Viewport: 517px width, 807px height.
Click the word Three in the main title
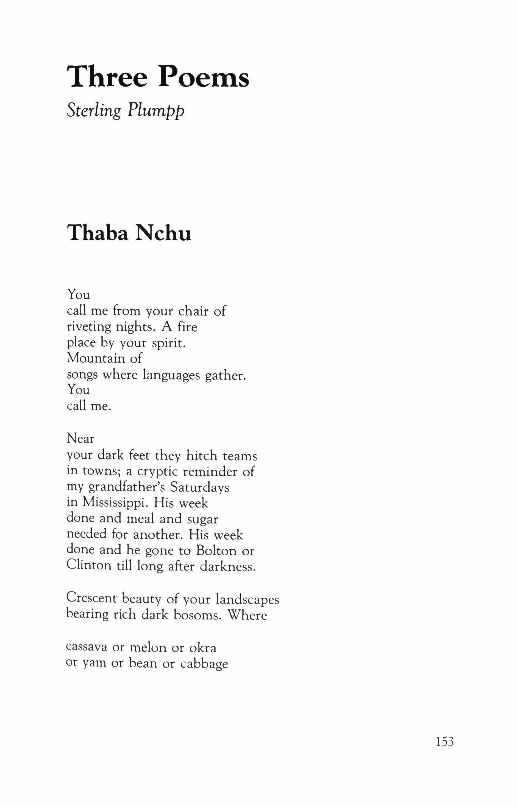click(107, 77)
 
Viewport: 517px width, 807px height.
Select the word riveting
click(88, 327)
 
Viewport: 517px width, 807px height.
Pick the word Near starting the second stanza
click(80, 439)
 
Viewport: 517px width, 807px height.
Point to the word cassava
click(87, 648)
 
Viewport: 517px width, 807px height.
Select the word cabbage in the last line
click(204, 664)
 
